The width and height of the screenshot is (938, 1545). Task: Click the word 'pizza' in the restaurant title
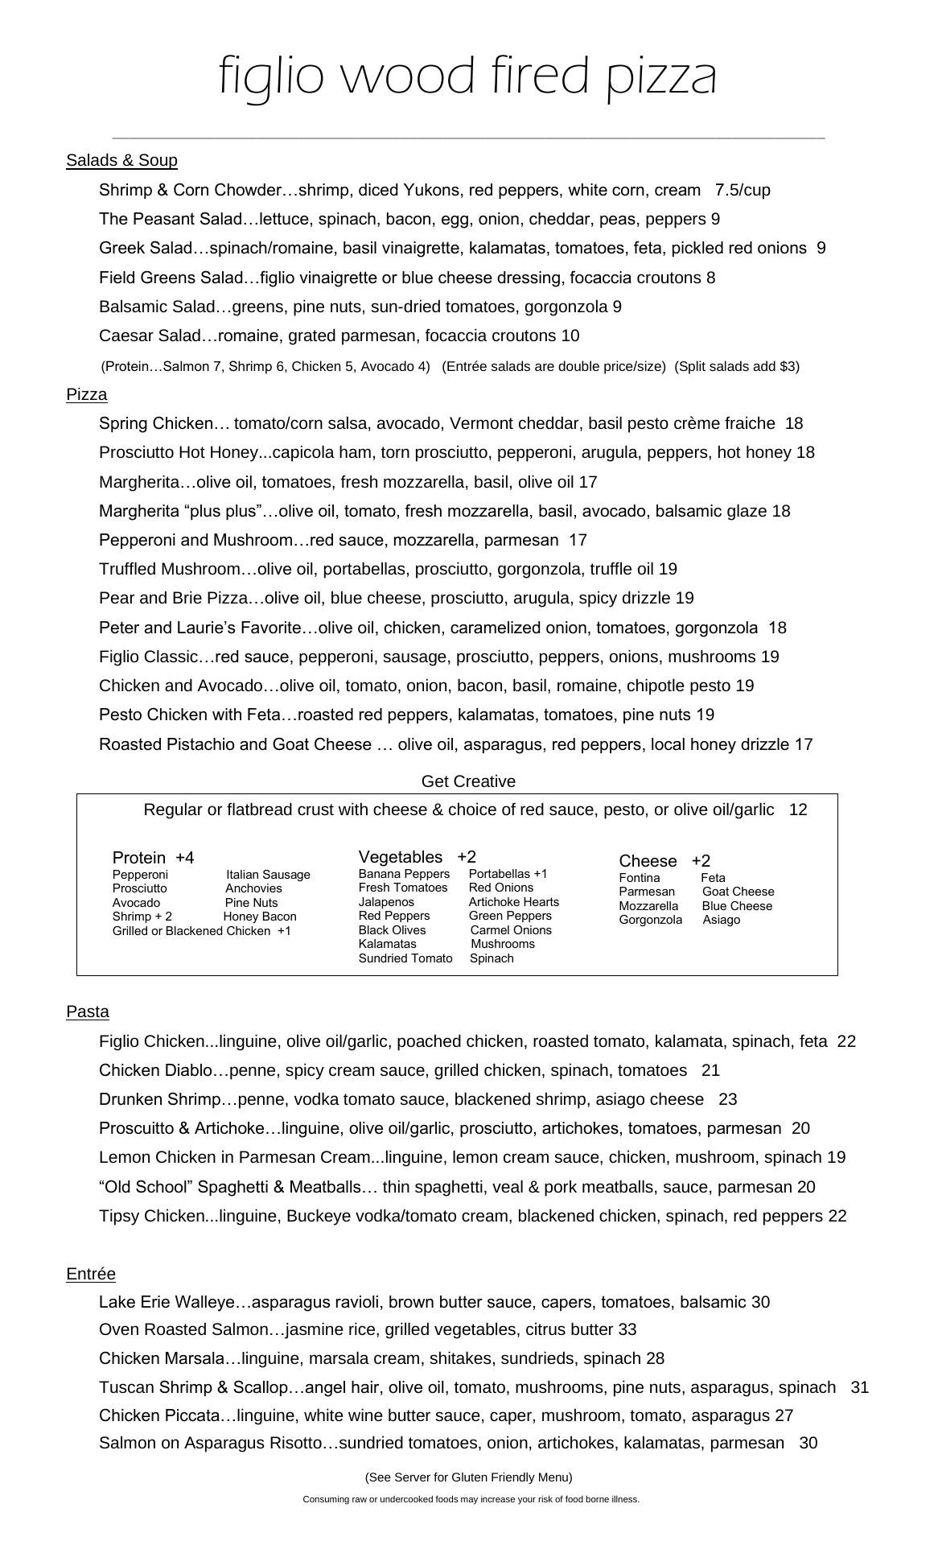[x=660, y=77]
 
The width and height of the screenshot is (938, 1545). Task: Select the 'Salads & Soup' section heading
[x=121, y=160]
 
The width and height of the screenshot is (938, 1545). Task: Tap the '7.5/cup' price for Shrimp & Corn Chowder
[x=743, y=191]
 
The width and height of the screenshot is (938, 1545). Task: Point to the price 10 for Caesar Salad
[x=570, y=336]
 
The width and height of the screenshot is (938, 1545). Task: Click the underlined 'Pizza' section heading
[x=87, y=394]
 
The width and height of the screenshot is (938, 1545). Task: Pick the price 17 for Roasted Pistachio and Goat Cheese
[x=804, y=744]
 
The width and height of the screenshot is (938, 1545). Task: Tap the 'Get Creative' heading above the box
[x=468, y=781]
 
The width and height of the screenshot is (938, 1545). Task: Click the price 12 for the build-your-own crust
[x=798, y=810]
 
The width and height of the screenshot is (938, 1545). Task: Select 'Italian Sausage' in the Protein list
[x=268, y=875]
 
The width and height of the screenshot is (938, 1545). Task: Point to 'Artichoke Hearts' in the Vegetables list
[x=513, y=902]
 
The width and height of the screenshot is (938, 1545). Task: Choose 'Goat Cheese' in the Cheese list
[x=738, y=892]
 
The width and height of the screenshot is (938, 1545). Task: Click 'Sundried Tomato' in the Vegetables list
[x=405, y=958]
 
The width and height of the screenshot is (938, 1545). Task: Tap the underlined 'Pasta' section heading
[x=88, y=1011]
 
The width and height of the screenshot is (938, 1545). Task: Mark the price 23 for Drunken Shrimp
[x=727, y=1099]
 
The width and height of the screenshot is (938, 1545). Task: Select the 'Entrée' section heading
[x=91, y=1274]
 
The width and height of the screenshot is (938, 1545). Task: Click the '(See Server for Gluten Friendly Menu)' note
[x=468, y=1477]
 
